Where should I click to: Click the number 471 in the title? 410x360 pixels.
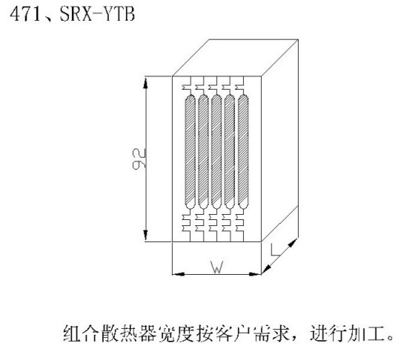25,14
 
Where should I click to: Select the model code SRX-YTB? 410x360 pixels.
97,14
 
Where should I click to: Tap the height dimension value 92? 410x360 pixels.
139,159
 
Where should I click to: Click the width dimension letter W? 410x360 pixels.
217,267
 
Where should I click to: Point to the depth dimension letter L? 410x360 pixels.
275,250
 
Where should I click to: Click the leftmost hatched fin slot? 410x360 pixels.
190,152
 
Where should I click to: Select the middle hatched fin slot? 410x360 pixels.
216,152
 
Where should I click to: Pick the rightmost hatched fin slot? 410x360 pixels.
243,152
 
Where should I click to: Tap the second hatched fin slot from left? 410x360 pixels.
203,152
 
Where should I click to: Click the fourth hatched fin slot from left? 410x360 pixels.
230,152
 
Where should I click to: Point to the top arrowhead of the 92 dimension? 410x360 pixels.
145,82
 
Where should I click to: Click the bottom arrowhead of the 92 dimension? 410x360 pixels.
145,235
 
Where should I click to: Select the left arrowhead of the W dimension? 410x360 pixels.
179,274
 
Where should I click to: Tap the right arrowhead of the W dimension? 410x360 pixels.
255,274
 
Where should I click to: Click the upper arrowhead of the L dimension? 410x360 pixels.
294,243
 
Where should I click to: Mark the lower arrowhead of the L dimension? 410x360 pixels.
266,269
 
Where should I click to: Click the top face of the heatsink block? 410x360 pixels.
235,58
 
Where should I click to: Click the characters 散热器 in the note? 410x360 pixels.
129,333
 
